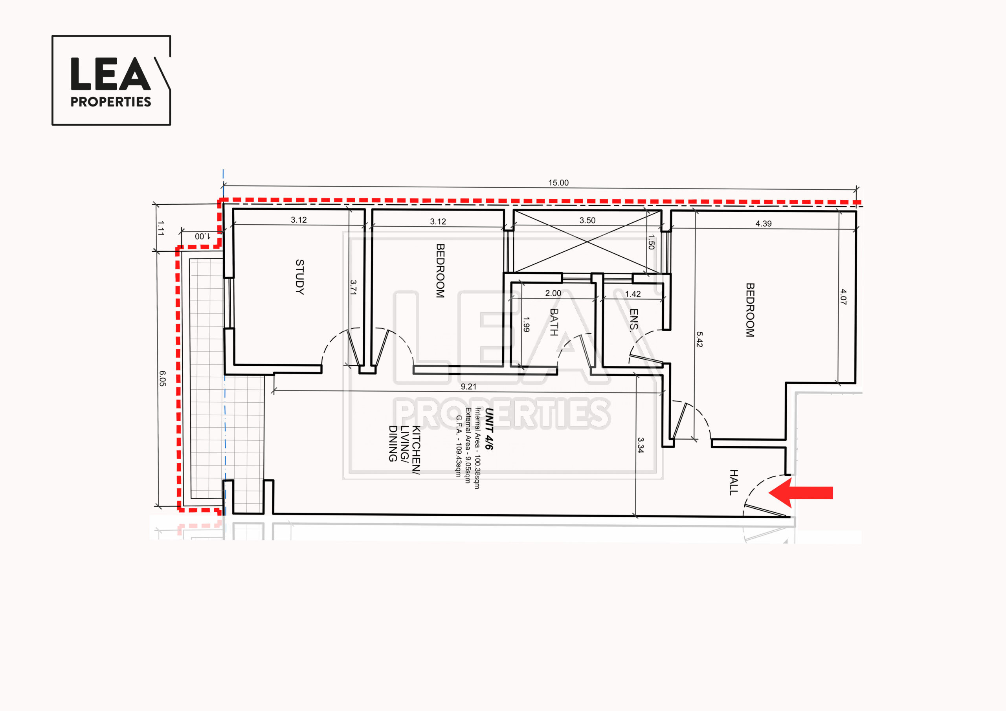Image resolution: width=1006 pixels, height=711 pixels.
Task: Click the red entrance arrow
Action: click(800, 493)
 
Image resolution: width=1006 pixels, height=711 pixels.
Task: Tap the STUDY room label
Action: click(300, 277)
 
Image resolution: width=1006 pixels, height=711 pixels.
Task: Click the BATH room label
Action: click(554, 322)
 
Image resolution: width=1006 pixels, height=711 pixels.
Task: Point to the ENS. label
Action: click(634, 320)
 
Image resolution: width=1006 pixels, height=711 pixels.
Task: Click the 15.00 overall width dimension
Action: click(559, 183)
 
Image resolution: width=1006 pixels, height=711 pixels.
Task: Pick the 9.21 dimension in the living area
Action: click(468, 387)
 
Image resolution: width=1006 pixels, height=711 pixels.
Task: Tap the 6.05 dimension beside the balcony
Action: click(162, 379)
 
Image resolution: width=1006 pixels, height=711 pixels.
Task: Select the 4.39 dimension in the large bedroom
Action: click(763, 224)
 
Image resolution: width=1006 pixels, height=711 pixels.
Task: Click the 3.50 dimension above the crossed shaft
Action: click(587, 220)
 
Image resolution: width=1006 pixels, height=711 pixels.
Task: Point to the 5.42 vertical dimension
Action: click(699, 339)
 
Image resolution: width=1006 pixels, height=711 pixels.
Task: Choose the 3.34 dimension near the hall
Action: click(641, 445)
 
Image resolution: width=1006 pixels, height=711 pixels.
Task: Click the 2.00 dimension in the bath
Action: click(553, 293)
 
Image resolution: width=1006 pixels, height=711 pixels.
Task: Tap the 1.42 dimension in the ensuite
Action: click(633, 294)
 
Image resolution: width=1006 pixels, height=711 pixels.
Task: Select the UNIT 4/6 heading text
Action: click(489, 429)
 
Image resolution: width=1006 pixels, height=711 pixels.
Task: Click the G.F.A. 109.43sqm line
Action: click(459, 446)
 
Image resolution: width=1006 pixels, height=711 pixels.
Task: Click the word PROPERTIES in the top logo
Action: click(111, 102)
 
